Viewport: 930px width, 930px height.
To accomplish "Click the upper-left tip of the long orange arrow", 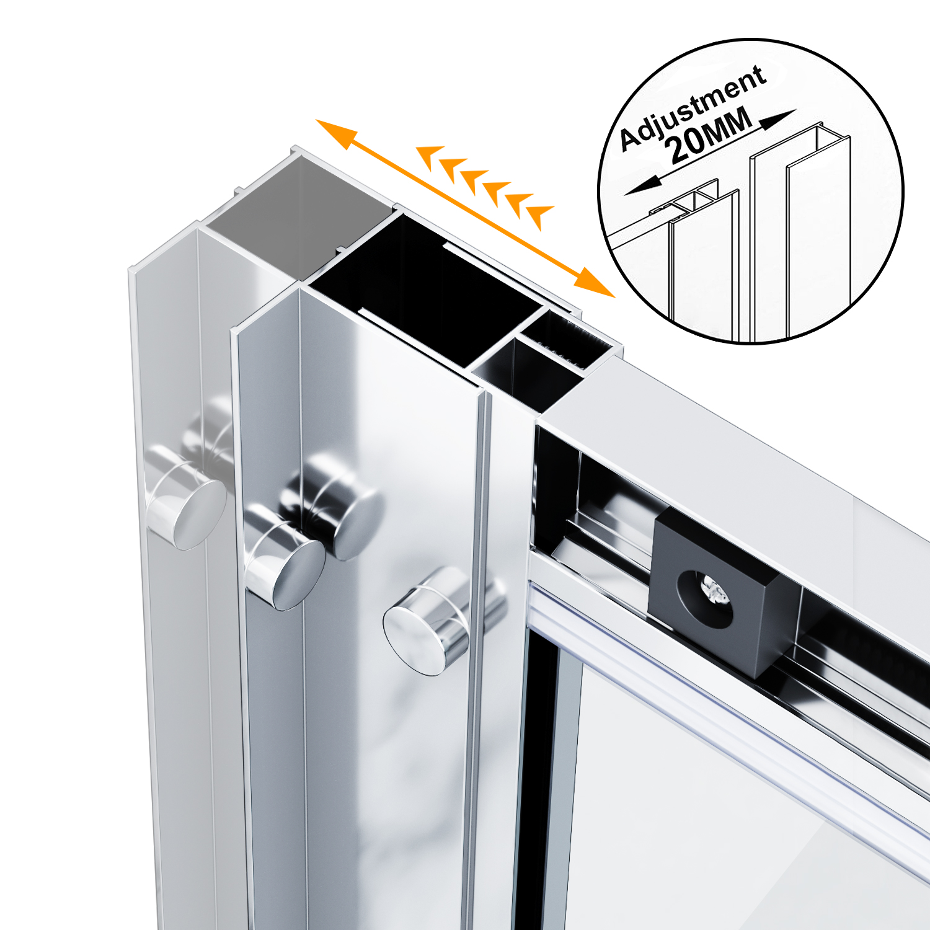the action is coord(317,120).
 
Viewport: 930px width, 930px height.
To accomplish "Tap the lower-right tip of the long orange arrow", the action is coord(614,297).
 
